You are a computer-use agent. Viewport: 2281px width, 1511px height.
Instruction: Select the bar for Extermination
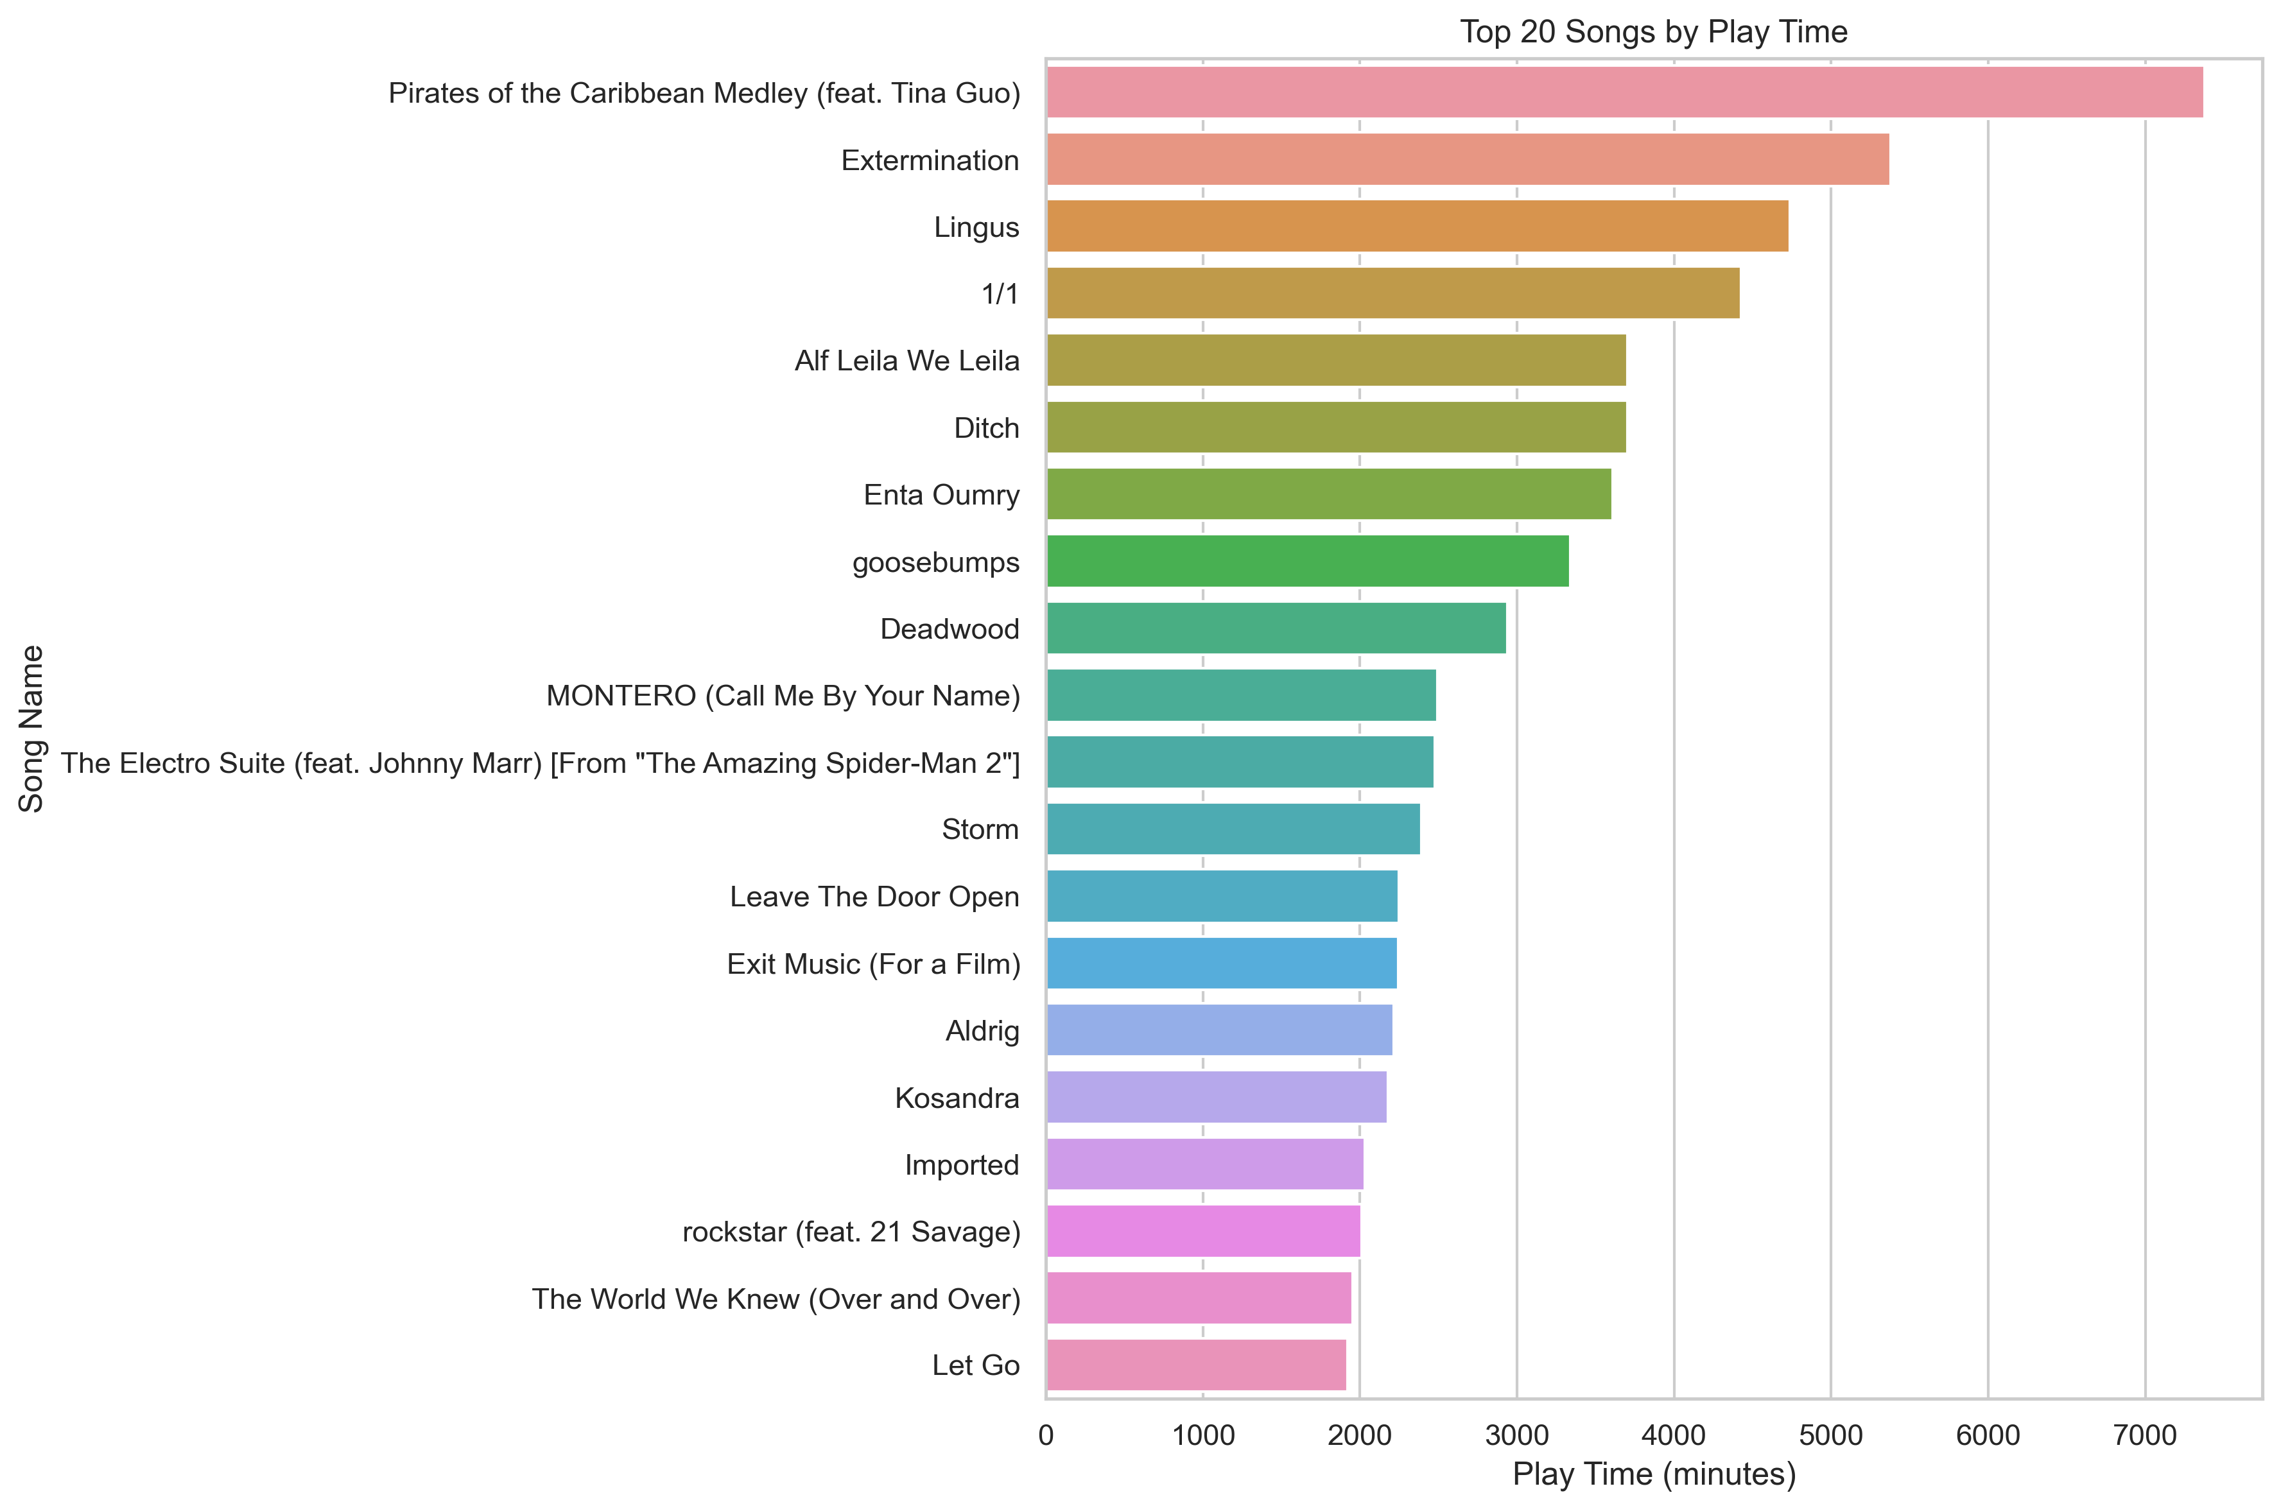pyautogui.click(x=1467, y=159)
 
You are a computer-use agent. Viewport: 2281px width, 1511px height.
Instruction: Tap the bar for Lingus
pyautogui.click(x=1417, y=227)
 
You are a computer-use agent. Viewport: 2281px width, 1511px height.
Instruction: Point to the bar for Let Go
pyautogui.click(x=1196, y=1365)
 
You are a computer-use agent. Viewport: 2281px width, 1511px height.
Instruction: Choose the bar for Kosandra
pyautogui.click(x=1216, y=1096)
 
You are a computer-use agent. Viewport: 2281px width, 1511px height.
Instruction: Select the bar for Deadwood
pyautogui.click(x=1276, y=628)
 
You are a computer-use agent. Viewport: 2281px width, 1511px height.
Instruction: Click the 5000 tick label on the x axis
pyautogui.click(x=1830, y=1436)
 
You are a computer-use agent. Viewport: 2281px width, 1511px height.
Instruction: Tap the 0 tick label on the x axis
pyautogui.click(x=1046, y=1436)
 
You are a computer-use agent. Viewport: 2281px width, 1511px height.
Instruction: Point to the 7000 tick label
pyautogui.click(x=2144, y=1436)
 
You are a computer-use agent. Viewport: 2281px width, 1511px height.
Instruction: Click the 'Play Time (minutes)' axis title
pyautogui.click(x=1654, y=1474)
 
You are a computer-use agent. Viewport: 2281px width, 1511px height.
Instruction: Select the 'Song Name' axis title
pyautogui.click(x=32, y=729)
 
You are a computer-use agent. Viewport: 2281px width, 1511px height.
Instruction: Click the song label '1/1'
pyautogui.click(x=1000, y=294)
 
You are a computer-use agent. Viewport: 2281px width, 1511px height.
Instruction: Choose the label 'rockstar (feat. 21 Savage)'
pyautogui.click(x=851, y=1232)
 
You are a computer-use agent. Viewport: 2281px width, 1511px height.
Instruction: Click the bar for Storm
pyautogui.click(x=1233, y=829)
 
